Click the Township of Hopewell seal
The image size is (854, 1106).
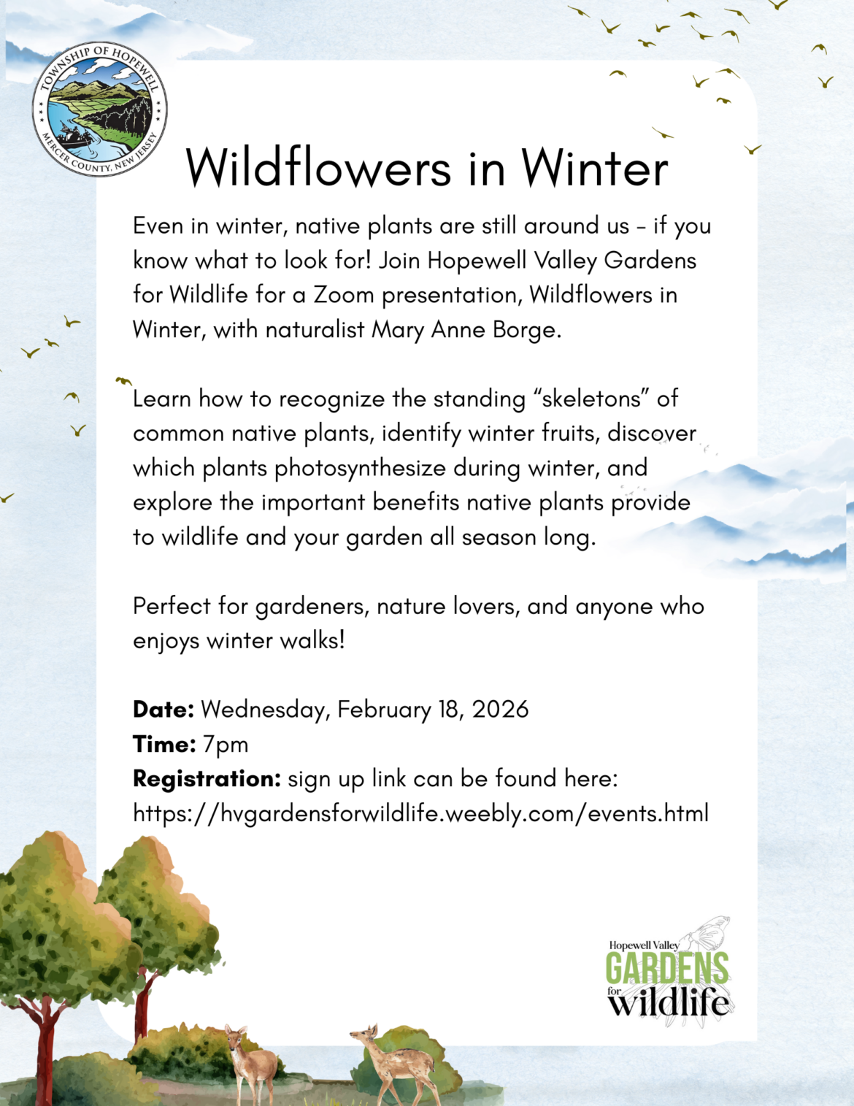(100, 109)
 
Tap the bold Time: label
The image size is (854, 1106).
(164, 745)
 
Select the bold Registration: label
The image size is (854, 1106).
(207, 779)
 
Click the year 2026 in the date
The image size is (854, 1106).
(500, 710)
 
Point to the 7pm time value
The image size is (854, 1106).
(226, 745)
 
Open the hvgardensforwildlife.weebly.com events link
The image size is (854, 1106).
(420, 813)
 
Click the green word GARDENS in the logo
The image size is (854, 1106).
(666, 969)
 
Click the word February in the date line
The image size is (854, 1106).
(384, 710)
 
